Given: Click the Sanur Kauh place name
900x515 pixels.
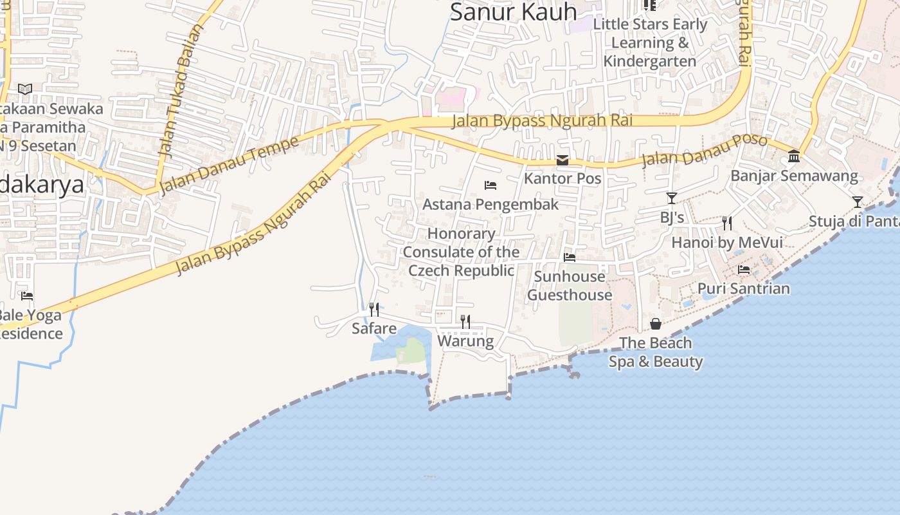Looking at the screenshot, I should [x=513, y=12].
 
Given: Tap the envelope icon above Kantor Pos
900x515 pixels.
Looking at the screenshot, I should [x=562, y=160].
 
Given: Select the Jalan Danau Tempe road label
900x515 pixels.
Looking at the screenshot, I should [x=229, y=165].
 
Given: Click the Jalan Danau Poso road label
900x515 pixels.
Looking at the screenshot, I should [x=705, y=151].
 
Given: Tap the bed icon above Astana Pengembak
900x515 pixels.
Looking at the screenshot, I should [x=491, y=185].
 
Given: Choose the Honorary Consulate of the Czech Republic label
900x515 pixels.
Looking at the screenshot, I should [x=462, y=252].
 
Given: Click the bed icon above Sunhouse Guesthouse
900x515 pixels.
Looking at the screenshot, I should [x=570, y=257].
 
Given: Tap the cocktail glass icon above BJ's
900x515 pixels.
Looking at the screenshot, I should [x=672, y=198].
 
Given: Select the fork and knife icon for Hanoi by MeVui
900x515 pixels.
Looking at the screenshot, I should [x=727, y=223].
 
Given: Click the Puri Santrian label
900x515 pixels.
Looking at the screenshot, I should [x=744, y=288].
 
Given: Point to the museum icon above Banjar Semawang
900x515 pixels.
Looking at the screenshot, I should [x=794, y=156].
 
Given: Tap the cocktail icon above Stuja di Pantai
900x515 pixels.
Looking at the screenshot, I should [x=858, y=202].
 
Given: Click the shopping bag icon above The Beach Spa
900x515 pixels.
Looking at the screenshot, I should [x=656, y=323].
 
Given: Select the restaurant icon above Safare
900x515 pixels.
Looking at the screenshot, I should [x=374, y=310].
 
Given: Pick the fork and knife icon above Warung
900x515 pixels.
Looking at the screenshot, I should [x=465, y=321].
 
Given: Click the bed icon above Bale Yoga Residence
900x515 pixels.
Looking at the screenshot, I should [x=27, y=296].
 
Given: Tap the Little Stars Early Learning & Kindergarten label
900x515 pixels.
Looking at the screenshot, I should [x=650, y=42].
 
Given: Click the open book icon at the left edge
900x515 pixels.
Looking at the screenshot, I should [x=25, y=89].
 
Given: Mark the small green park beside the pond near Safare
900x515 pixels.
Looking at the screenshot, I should [x=411, y=351].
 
